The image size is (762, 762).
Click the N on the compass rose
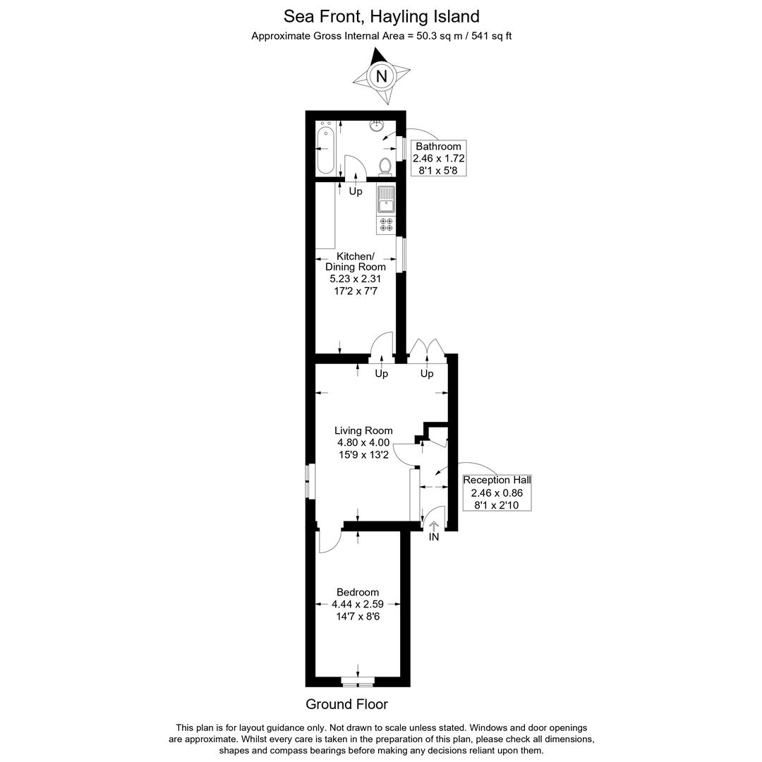[381, 76]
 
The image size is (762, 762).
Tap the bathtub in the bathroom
[325, 149]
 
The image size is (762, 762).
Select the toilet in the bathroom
[385, 167]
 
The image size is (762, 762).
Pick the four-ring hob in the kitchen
[387, 224]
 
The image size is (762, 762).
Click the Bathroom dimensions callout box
[439, 158]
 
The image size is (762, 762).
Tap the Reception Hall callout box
[497, 492]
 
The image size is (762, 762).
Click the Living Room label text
[363, 430]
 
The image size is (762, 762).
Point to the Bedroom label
[358, 592]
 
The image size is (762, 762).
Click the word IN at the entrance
[434, 537]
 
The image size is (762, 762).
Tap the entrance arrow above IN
[434, 526]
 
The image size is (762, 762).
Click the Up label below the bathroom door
[356, 191]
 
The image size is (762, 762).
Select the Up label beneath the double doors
[427, 373]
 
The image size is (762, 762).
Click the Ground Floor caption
[346, 704]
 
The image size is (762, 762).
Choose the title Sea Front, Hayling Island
[381, 16]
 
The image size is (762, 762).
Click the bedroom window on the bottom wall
[358, 682]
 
